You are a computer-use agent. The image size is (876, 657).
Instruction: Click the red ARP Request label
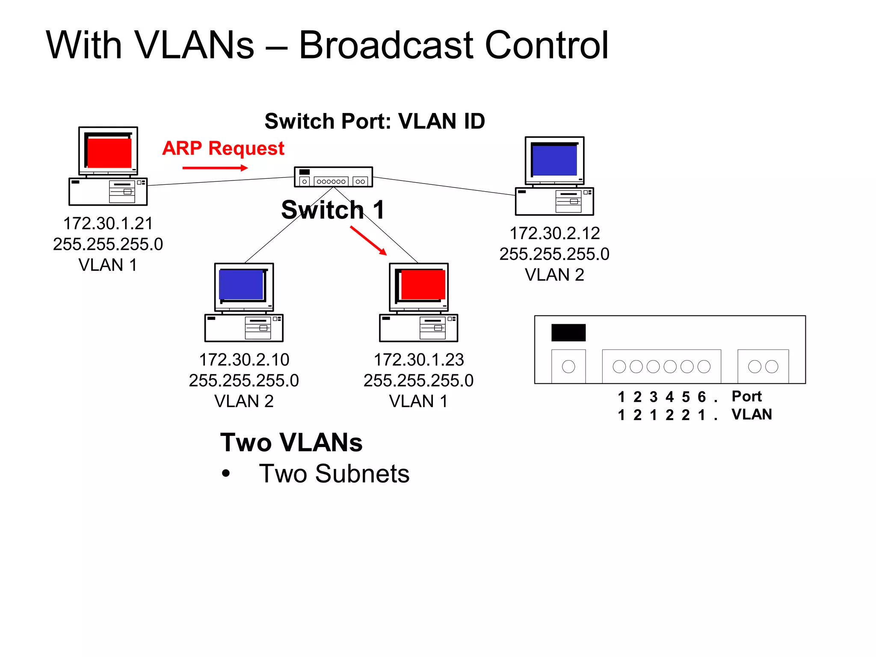(x=223, y=148)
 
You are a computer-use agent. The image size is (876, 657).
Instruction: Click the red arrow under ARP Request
(x=215, y=168)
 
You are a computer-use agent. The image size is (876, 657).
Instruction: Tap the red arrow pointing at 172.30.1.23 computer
(x=368, y=241)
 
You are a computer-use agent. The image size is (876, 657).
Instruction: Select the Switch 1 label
(x=332, y=210)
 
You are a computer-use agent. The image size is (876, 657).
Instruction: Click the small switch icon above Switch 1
(x=333, y=177)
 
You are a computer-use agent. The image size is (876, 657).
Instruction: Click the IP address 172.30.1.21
(x=108, y=223)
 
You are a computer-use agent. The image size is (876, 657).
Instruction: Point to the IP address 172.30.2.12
(x=554, y=233)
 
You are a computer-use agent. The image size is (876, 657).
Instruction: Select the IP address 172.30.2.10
(x=244, y=360)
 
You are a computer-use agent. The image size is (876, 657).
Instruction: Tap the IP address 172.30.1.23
(x=418, y=360)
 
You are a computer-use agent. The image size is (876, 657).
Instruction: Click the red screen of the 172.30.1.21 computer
(x=109, y=153)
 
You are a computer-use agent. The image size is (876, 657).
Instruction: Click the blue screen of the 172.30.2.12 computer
(x=554, y=160)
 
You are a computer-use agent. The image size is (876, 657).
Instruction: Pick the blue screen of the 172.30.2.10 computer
(x=241, y=284)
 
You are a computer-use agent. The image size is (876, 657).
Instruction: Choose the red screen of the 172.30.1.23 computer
(x=423, y=284)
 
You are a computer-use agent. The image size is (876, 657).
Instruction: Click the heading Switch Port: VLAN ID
(x=375, y=121)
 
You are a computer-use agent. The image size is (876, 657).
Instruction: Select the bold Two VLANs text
(x=291, y=442)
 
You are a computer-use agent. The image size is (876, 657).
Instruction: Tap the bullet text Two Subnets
(x=334, y=474)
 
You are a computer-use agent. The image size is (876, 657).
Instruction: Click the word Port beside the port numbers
(x=746, y=396)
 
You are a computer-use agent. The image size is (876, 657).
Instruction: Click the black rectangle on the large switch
(x=568, y=332)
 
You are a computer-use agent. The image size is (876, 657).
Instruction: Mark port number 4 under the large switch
(x=669, y=397)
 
